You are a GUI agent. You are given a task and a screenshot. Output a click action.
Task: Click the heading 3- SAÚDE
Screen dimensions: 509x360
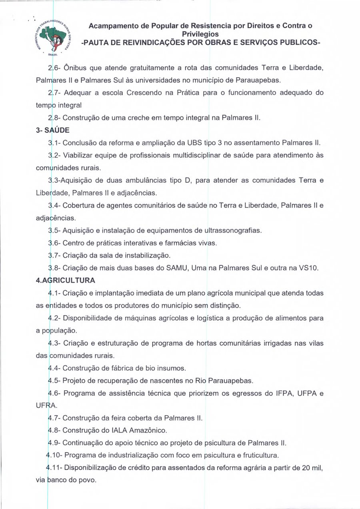pos(49,131)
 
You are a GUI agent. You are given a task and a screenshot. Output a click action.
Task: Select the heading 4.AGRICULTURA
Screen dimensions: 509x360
pos(66,280)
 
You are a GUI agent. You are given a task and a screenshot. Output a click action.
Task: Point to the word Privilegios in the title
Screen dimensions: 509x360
pos(200,34)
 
